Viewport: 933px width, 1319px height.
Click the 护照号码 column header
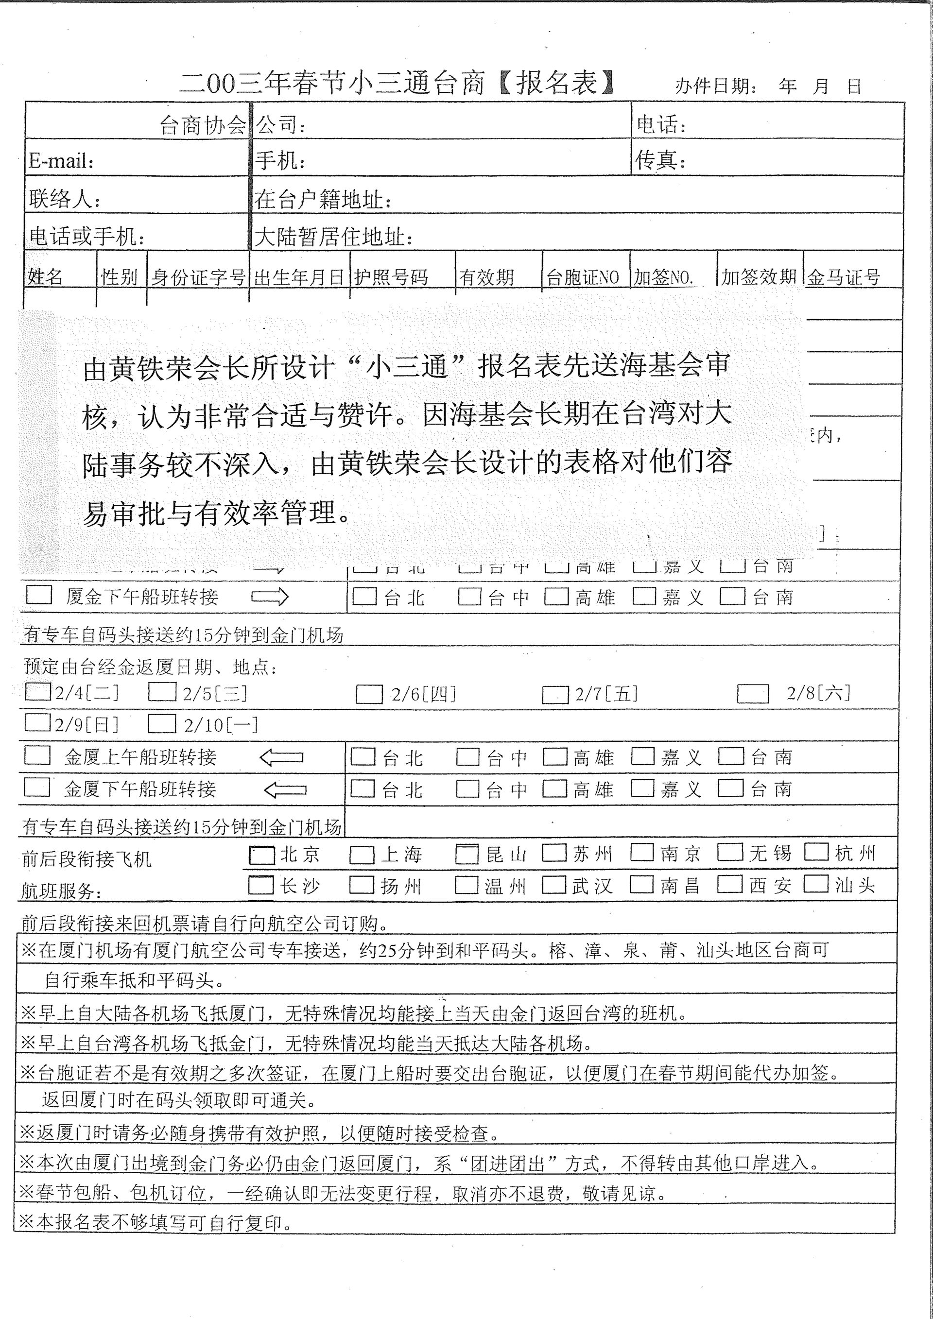[x=391, y=277]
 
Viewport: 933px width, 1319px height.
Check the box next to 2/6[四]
[x=369, y=694]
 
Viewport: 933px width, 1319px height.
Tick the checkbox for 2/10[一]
[x=161, y=724]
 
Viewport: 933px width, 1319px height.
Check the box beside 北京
[x=261, y=856]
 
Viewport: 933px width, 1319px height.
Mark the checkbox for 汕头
[x=816, y=884]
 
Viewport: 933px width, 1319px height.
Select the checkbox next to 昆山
[x=467, y=854]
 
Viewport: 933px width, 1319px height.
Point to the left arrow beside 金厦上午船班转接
[x=281, y=758]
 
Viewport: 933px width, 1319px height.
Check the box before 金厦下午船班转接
[x=37, y=788]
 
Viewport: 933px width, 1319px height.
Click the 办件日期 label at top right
[x=716, y=86]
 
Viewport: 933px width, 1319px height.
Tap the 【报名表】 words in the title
[x=555, y=83]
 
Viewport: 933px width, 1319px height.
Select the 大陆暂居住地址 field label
[x=333, y=237]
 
